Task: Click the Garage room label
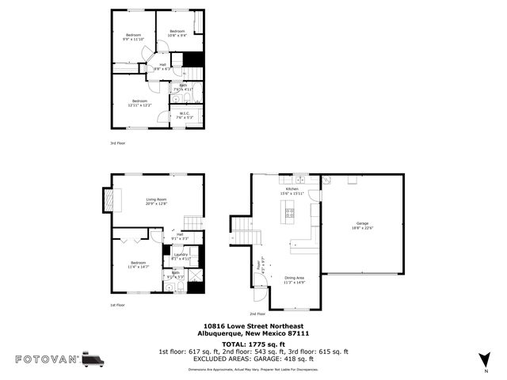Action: [363, 226]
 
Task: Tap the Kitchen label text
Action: [292, 191]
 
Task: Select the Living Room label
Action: [155, 201]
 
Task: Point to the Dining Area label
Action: [294, 280]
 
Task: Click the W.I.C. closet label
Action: [183, 115]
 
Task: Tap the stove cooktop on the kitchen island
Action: [290, 211]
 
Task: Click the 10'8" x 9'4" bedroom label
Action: [177, 33]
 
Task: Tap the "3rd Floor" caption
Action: [117, 143]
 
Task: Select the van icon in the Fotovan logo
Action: [93, 359]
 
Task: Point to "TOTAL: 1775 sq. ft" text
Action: [253, 344]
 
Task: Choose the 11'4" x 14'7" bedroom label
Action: [139, 265]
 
